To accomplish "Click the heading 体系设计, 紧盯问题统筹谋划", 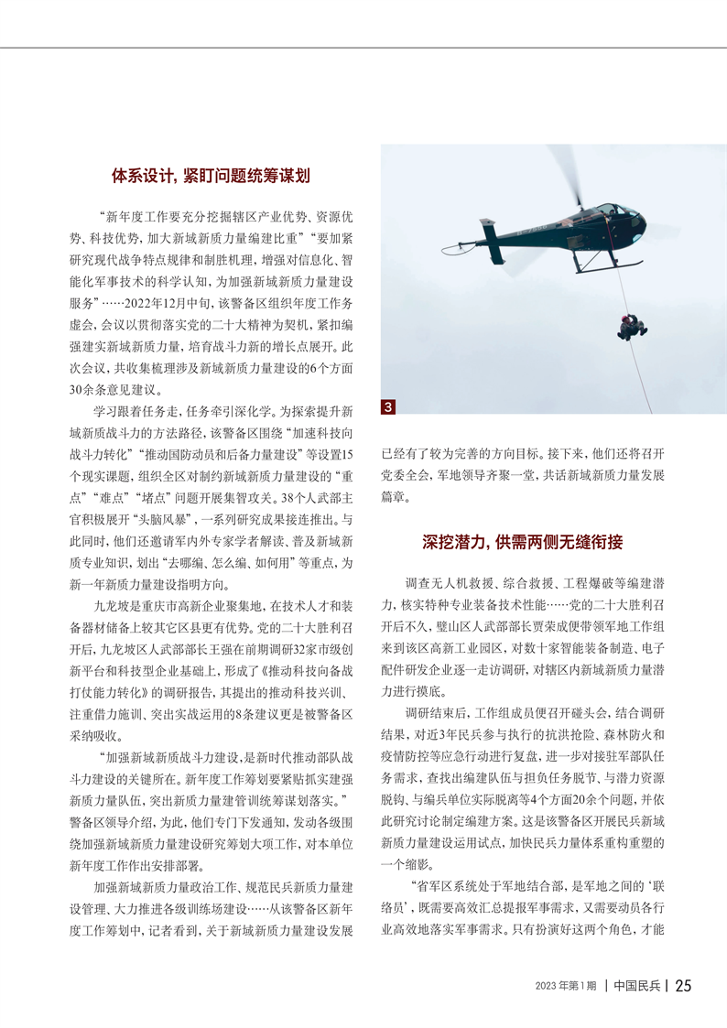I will coord(211,175).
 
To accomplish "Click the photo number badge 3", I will coord(388,406).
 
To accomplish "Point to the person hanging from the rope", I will coord(631,326).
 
